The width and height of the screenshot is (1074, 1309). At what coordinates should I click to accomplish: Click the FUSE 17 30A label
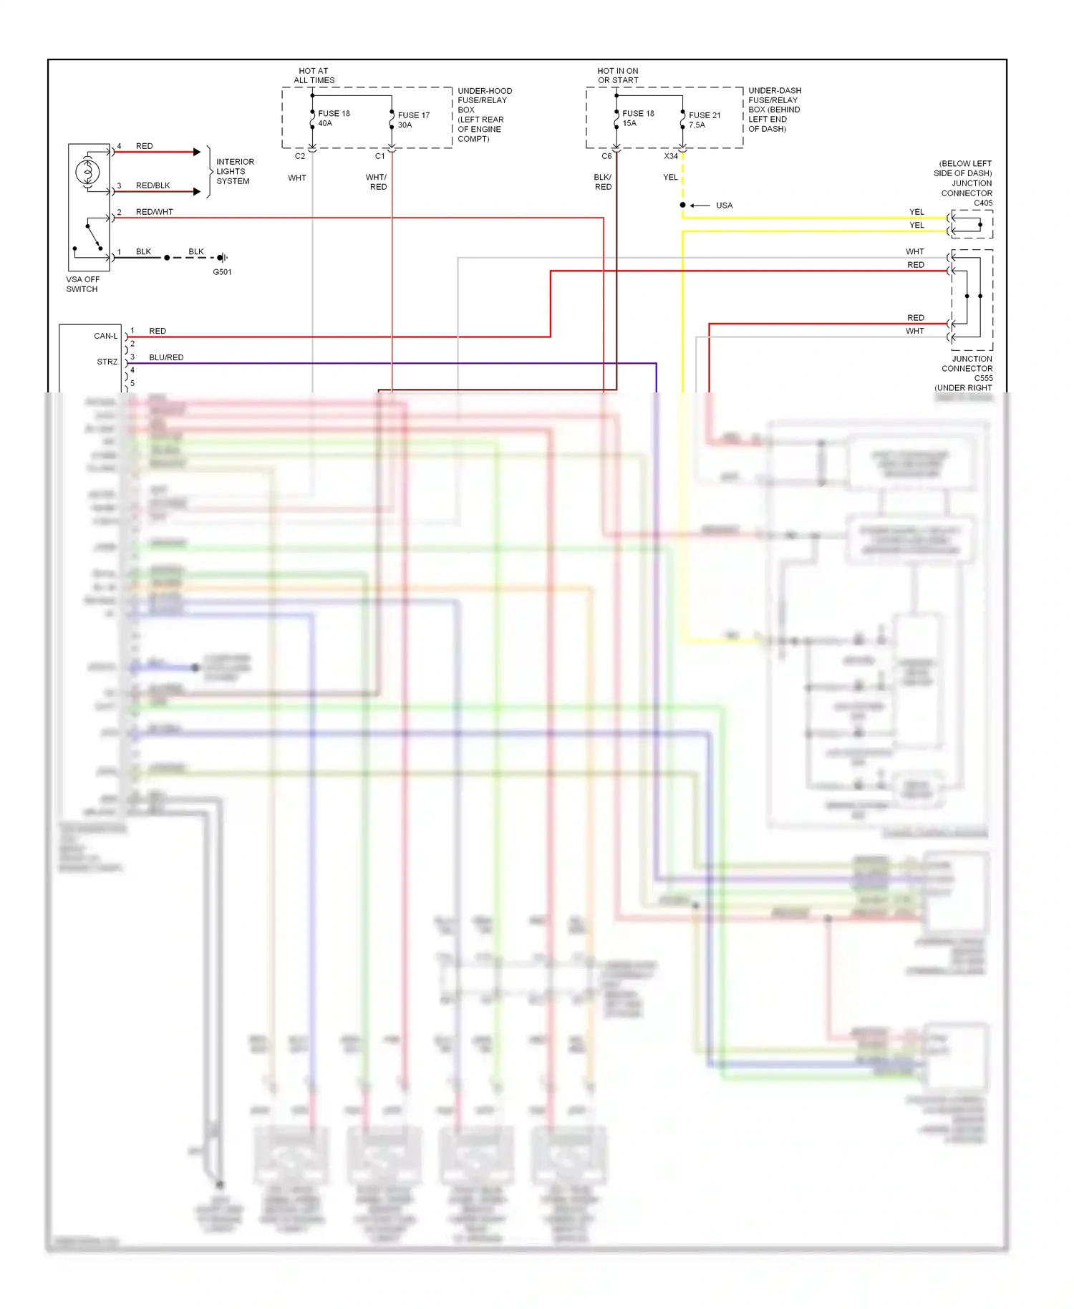pos(413,120)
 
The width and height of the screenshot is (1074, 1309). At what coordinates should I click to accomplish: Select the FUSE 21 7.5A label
pos(705,120)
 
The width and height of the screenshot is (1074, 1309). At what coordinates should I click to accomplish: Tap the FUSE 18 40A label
pos(334,118)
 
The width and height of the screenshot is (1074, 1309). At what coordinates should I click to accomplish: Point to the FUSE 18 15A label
pos(638,118)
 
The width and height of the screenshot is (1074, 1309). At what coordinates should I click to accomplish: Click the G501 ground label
pos(222,272)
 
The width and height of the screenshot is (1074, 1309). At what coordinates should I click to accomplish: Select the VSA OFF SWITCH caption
pos(82,284)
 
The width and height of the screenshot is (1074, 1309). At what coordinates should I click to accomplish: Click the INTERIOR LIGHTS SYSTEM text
pos(235,172)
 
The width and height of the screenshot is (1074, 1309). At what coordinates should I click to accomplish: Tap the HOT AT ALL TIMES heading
pos(314,75)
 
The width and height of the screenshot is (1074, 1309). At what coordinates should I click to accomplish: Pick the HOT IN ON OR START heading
pos(618,75)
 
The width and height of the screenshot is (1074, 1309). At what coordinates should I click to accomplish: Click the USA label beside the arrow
pos(724,206)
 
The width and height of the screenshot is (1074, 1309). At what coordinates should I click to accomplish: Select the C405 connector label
pos(982,203)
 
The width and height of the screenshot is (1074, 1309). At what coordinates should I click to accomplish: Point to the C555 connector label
pos(982,378)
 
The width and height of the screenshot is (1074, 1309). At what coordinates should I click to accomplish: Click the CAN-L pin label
pos(105,336)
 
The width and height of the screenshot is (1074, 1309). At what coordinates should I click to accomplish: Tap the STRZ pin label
pos(107,362)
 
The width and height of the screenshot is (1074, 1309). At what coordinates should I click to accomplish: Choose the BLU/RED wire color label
pos(166,357)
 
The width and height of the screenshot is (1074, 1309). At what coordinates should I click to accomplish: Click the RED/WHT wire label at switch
pos(154,212)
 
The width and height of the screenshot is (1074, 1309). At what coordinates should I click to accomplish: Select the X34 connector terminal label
pos(670,156)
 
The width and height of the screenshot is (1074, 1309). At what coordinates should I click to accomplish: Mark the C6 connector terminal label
pos(606,156)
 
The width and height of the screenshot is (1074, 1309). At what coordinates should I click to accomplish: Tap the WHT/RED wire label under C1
pos(377,182)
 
